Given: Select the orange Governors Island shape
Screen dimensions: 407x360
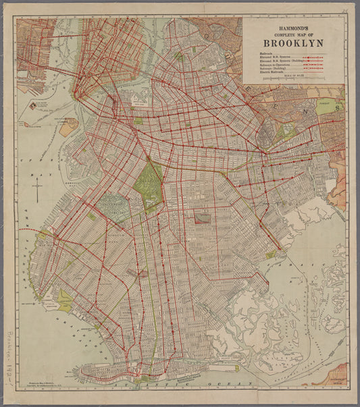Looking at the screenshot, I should (x=68, y=127).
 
